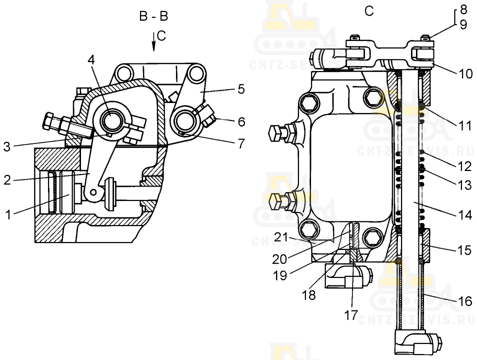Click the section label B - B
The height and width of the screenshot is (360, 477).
[153, 16]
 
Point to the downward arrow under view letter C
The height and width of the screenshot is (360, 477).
[154, 45]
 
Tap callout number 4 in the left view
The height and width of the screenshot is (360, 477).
[90, 59]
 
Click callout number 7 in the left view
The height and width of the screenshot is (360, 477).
[241, 144]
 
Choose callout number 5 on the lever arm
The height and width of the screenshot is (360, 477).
[241, 89]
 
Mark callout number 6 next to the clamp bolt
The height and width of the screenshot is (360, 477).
[241, 121]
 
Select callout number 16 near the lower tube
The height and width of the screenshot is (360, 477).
[464, 301]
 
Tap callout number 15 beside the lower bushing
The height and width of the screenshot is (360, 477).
[464, 249]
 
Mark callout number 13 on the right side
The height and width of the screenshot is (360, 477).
[464, 185]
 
